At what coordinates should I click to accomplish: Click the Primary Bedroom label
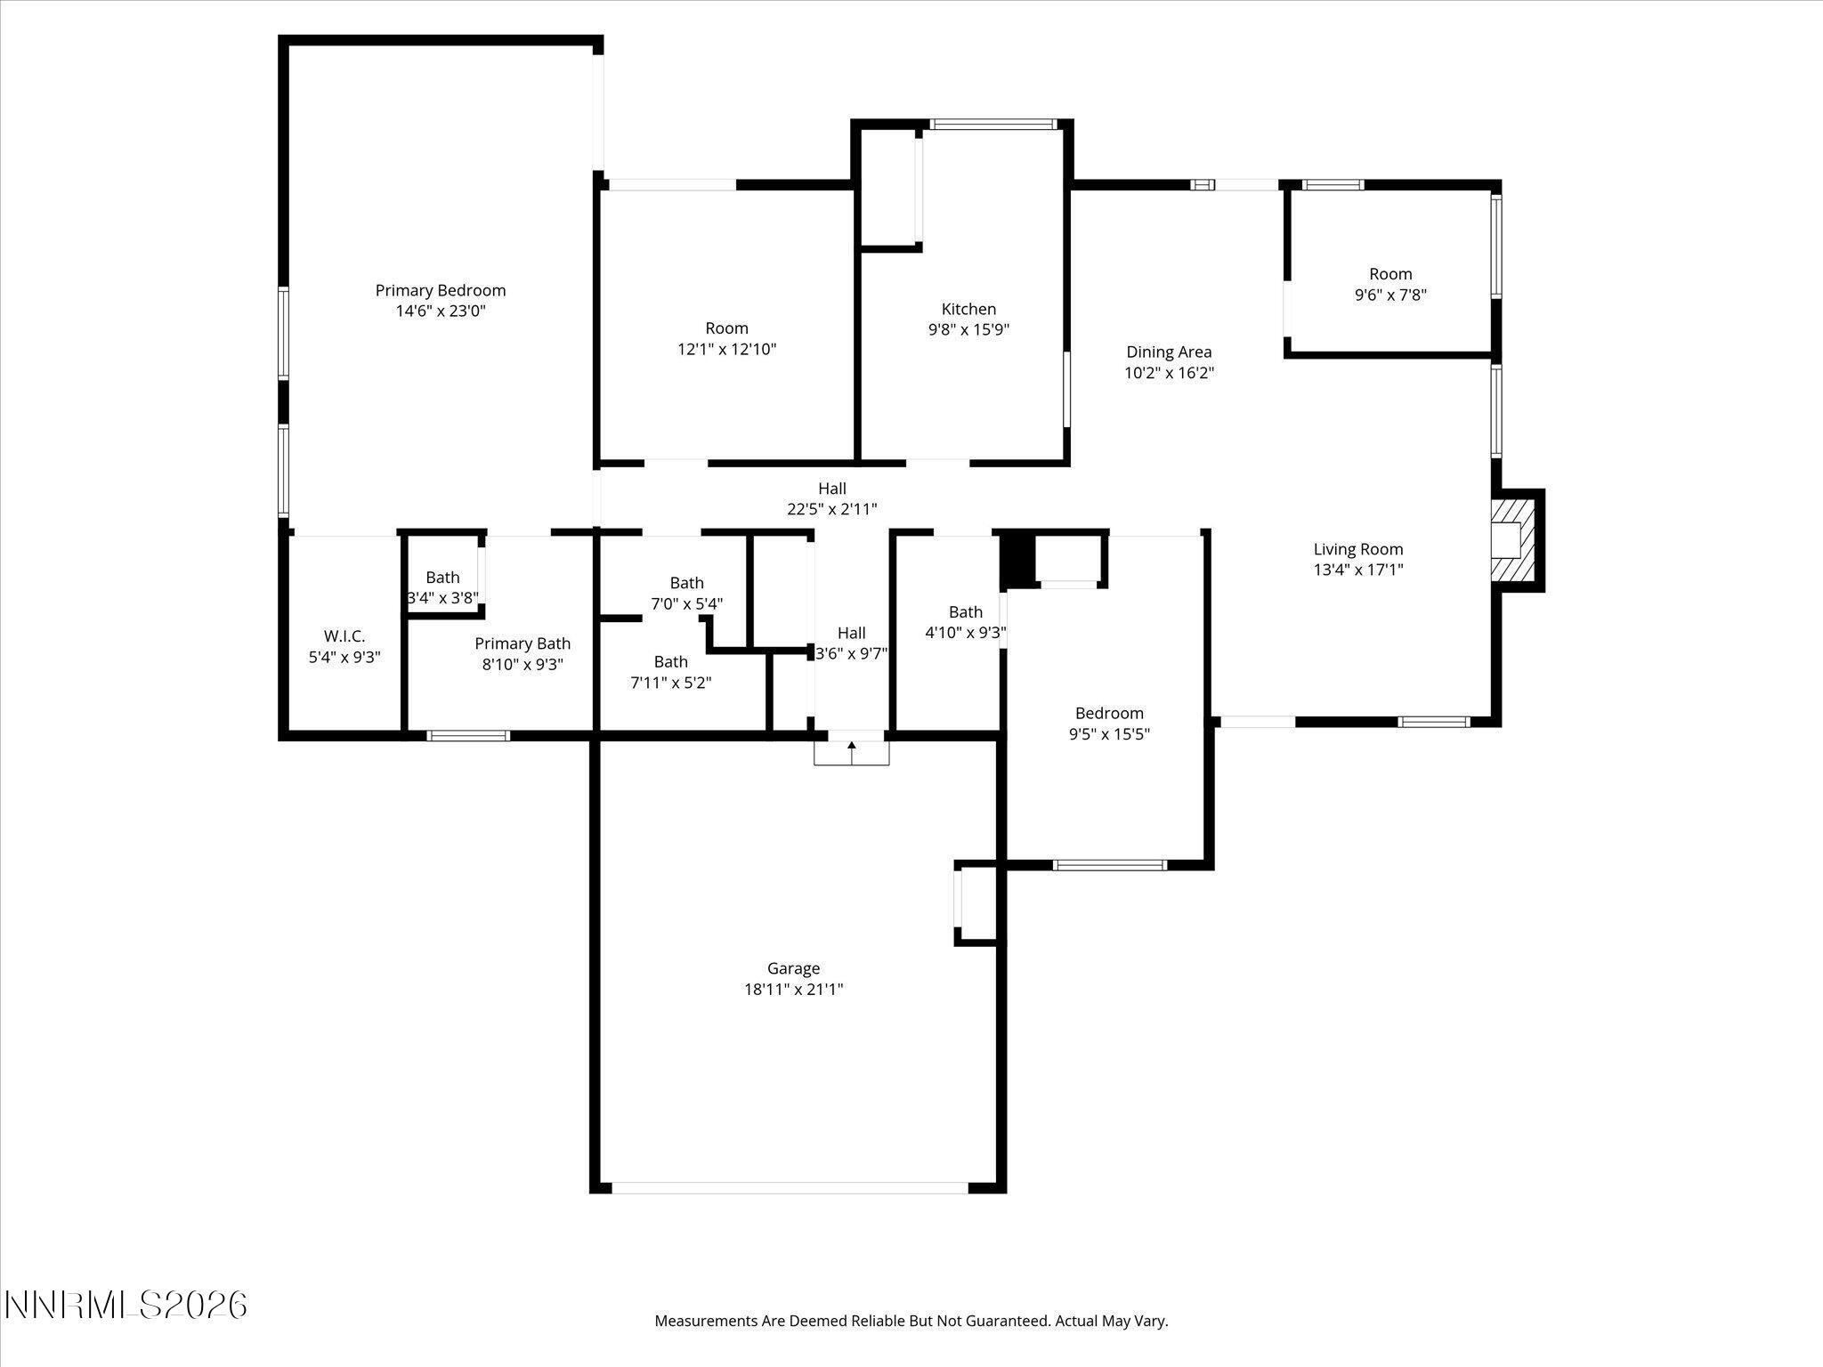440,291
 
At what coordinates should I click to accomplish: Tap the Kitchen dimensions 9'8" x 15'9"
968,330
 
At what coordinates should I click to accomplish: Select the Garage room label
793,968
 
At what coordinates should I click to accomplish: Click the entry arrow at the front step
852,749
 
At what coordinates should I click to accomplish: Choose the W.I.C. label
344,636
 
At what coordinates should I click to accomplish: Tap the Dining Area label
1168,352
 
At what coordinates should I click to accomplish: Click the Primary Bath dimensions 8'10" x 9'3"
523,665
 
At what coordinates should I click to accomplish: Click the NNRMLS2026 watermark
126,1306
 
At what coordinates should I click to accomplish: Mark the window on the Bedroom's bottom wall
1109,865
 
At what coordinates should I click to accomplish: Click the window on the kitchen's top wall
993,125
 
